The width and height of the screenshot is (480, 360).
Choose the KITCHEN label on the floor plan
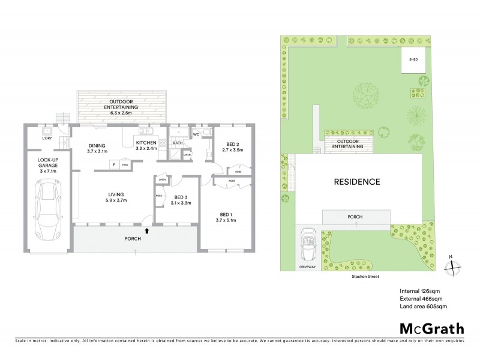click(x=146, y=142)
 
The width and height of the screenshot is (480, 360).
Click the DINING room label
click(x=97, y=145)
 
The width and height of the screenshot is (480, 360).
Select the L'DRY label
click(x=46, y=139)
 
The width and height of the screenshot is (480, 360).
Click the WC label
click(x=196, y=135)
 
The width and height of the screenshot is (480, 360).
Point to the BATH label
click(x=178, y=143)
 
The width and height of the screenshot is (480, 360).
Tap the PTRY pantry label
click(x=125, y=164)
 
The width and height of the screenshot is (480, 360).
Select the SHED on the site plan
click(x=413, y=61)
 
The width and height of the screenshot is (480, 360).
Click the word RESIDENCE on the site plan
click(x=357, y=182)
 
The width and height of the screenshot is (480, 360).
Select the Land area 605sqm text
click(x=423, y=307)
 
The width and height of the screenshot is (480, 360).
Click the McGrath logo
click(x=431, y=328)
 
